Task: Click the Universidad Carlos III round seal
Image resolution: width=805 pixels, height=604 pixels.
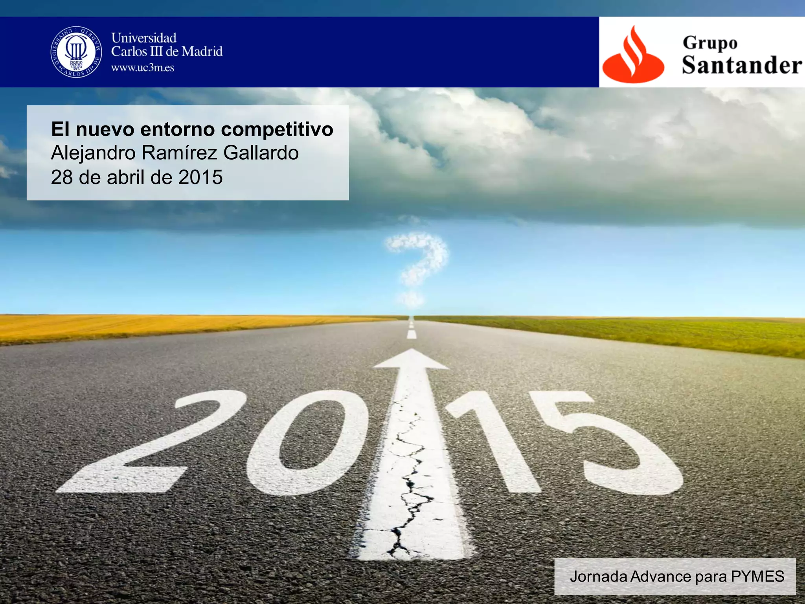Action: pos(76,52)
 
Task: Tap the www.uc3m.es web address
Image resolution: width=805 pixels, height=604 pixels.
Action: pos(142,68)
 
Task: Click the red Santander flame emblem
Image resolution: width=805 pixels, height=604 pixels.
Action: pos(632,55)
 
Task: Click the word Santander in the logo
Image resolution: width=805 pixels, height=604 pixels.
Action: pos(741,65)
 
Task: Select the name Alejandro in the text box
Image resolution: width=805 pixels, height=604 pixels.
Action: pos(93,153)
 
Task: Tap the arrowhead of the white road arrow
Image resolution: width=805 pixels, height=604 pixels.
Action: pos(411,359)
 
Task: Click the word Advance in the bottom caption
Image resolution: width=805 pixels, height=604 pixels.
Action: pos(661,576)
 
